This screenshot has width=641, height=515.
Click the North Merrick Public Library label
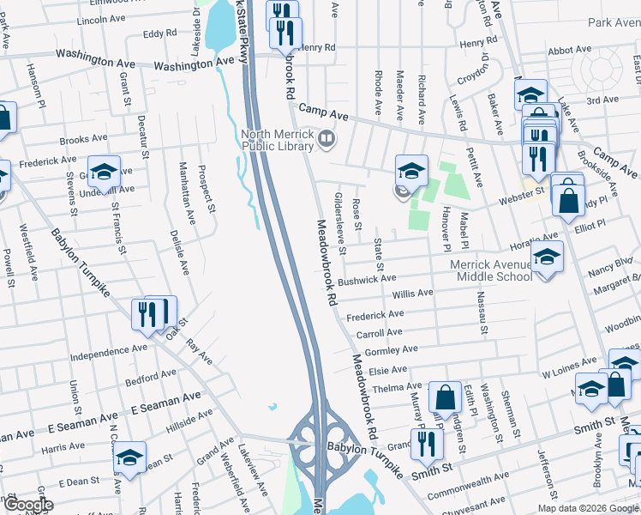pyautogui.click(x=276, y=140)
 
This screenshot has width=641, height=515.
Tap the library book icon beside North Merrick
pyautogui.click(x=326, y=138)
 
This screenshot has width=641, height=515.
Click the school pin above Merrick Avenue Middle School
pyautogui.click(x=547, y=255)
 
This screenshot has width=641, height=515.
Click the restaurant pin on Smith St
pyautogui.click(x=424, y=443)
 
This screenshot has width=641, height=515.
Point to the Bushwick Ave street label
pyautogui.click(x=367, y=280)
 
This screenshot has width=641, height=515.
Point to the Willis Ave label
pyautogui.click(x=411, y=294)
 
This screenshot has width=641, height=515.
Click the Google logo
pyautogui.click(x=27, y=505)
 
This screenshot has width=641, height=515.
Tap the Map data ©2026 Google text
pyautogui.click(x=589, y=508)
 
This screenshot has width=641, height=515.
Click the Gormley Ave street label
pyautogui.click(x=391, y=350)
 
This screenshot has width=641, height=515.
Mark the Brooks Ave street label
pyautogui.click(x=83, y=138)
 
